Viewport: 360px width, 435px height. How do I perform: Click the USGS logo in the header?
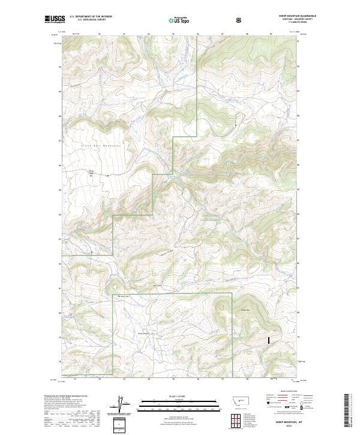pos(55,20)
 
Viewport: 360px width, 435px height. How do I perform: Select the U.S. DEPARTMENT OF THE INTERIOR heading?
pos(91,17)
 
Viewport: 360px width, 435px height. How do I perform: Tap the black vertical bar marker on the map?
pos(269,339)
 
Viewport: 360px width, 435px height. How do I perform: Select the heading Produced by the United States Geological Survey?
pos(64,395)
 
